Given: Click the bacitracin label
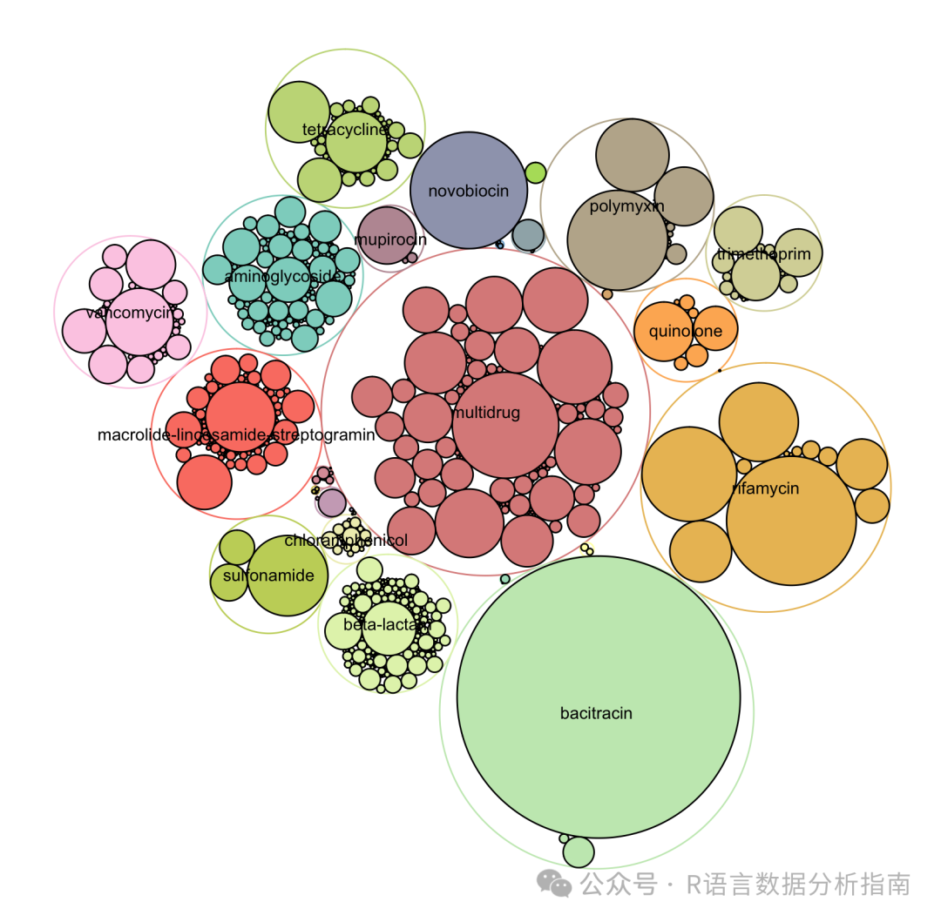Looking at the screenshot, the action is [596, 714].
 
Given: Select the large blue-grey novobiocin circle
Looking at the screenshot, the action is [469, 191].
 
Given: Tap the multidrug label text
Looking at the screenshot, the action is [486, 413].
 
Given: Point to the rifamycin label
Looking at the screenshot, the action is [766, 488].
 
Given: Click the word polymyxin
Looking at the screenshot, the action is [627, 206].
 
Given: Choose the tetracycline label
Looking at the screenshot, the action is [345, 131].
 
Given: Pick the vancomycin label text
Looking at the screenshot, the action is [130, 313].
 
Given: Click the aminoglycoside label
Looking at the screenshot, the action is [283, 276].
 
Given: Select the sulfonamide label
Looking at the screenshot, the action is [268, 575].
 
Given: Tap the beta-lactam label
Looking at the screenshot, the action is [387, 624].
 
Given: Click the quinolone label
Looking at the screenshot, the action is [686, 331].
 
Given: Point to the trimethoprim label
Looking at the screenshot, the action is [763, 254].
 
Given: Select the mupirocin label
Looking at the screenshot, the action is [390, 239].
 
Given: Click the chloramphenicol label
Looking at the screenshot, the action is [346, 541].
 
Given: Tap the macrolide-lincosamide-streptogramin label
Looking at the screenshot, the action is [236, 434].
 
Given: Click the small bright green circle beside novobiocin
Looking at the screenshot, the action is [536, 172].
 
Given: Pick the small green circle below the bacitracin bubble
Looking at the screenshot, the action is [579, 851].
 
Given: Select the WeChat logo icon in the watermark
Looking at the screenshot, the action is [554, 884].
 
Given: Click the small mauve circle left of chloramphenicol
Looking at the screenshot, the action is [332, 502].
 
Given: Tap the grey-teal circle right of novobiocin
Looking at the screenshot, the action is [528, 235].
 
